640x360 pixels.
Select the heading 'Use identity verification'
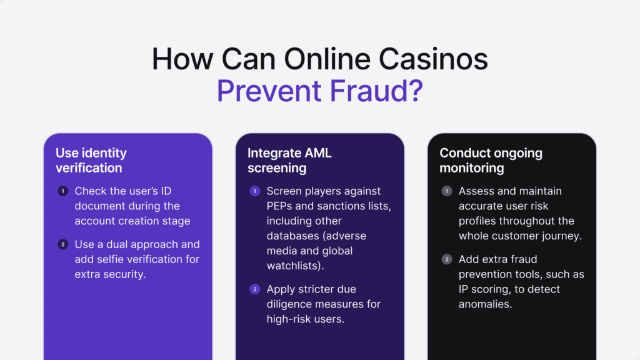click(x=91, y=160)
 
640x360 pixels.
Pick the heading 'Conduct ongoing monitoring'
click(x=491, y=160)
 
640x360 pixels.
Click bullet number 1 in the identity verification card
click(x=62, y=191)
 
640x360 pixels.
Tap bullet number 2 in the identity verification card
click(x=62, y=244)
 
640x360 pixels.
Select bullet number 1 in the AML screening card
click(x=254, y=191)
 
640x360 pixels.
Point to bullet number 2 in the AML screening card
click(x=254, y=289)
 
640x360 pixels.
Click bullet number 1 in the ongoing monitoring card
click(x=446, y=191)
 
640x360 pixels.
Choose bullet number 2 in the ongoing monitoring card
click(x=446, y=259)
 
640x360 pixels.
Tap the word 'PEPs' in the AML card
click(x=281, y=206)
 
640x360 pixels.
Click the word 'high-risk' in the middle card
click(x=290, y=319)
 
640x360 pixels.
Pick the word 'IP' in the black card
click(x=464, y=289)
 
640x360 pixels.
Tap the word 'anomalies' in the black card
click(x=486, y=304)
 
